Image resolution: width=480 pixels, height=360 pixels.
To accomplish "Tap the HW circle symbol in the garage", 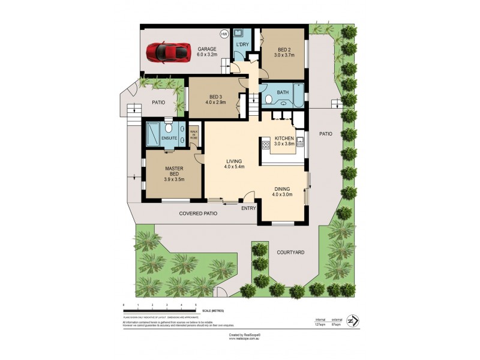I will tap(224, 34).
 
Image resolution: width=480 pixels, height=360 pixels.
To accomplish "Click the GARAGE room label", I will tap(207, 49).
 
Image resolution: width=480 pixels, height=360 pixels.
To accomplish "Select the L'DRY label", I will tap(242, 45).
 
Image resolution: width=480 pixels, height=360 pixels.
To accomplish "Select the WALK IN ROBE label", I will tap(194, 134).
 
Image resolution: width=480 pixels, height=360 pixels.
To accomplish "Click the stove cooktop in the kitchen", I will tap(265, 144).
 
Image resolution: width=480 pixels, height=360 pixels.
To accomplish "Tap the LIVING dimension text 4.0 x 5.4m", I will tap(234, 167).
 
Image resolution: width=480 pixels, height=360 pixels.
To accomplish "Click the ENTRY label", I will tap(249, 208).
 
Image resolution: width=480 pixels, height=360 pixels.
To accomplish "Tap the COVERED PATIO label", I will tap(199, 213).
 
